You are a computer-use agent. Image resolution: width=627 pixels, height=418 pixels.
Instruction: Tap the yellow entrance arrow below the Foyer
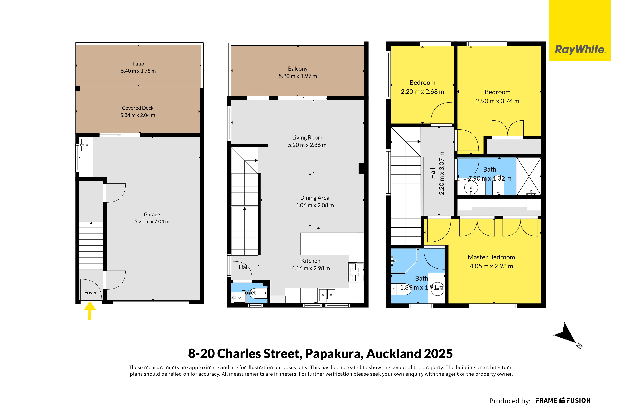point(90,311)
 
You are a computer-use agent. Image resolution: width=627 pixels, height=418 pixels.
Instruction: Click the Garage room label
point(152,214)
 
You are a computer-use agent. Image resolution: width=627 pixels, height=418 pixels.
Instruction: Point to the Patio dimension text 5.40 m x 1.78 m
point(138,71)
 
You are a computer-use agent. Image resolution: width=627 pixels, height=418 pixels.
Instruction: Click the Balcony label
point(298,69)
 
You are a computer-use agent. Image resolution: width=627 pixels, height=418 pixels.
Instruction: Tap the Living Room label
point(307,138)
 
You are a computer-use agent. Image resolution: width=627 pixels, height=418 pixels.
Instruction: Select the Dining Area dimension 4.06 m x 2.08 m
point(315,205)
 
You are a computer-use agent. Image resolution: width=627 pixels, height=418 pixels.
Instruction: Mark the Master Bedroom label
point(491,257)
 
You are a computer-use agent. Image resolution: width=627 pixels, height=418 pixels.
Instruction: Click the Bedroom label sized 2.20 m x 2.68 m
point(422,83)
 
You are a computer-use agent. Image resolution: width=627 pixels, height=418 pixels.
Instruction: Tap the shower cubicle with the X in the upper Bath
point(529,176)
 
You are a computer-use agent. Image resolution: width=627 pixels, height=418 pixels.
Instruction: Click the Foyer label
point(91,292)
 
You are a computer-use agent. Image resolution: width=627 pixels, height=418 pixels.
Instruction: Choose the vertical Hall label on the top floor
point(433,173)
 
